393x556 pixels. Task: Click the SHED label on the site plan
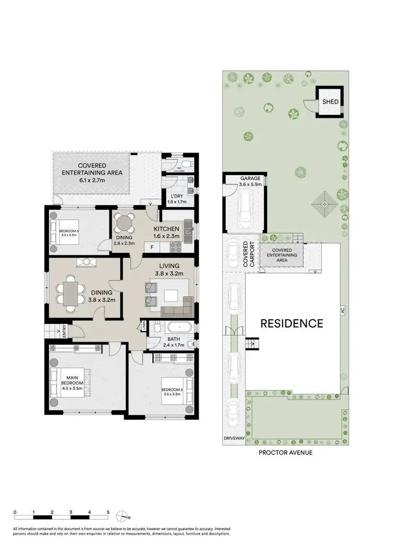(330, 102)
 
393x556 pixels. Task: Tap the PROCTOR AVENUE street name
(286, 452)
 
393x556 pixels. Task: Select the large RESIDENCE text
(292, 323)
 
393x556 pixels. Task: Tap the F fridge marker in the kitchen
(152, 246)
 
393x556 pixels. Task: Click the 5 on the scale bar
(108, 512)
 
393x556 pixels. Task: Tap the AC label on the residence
(343, 310)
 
